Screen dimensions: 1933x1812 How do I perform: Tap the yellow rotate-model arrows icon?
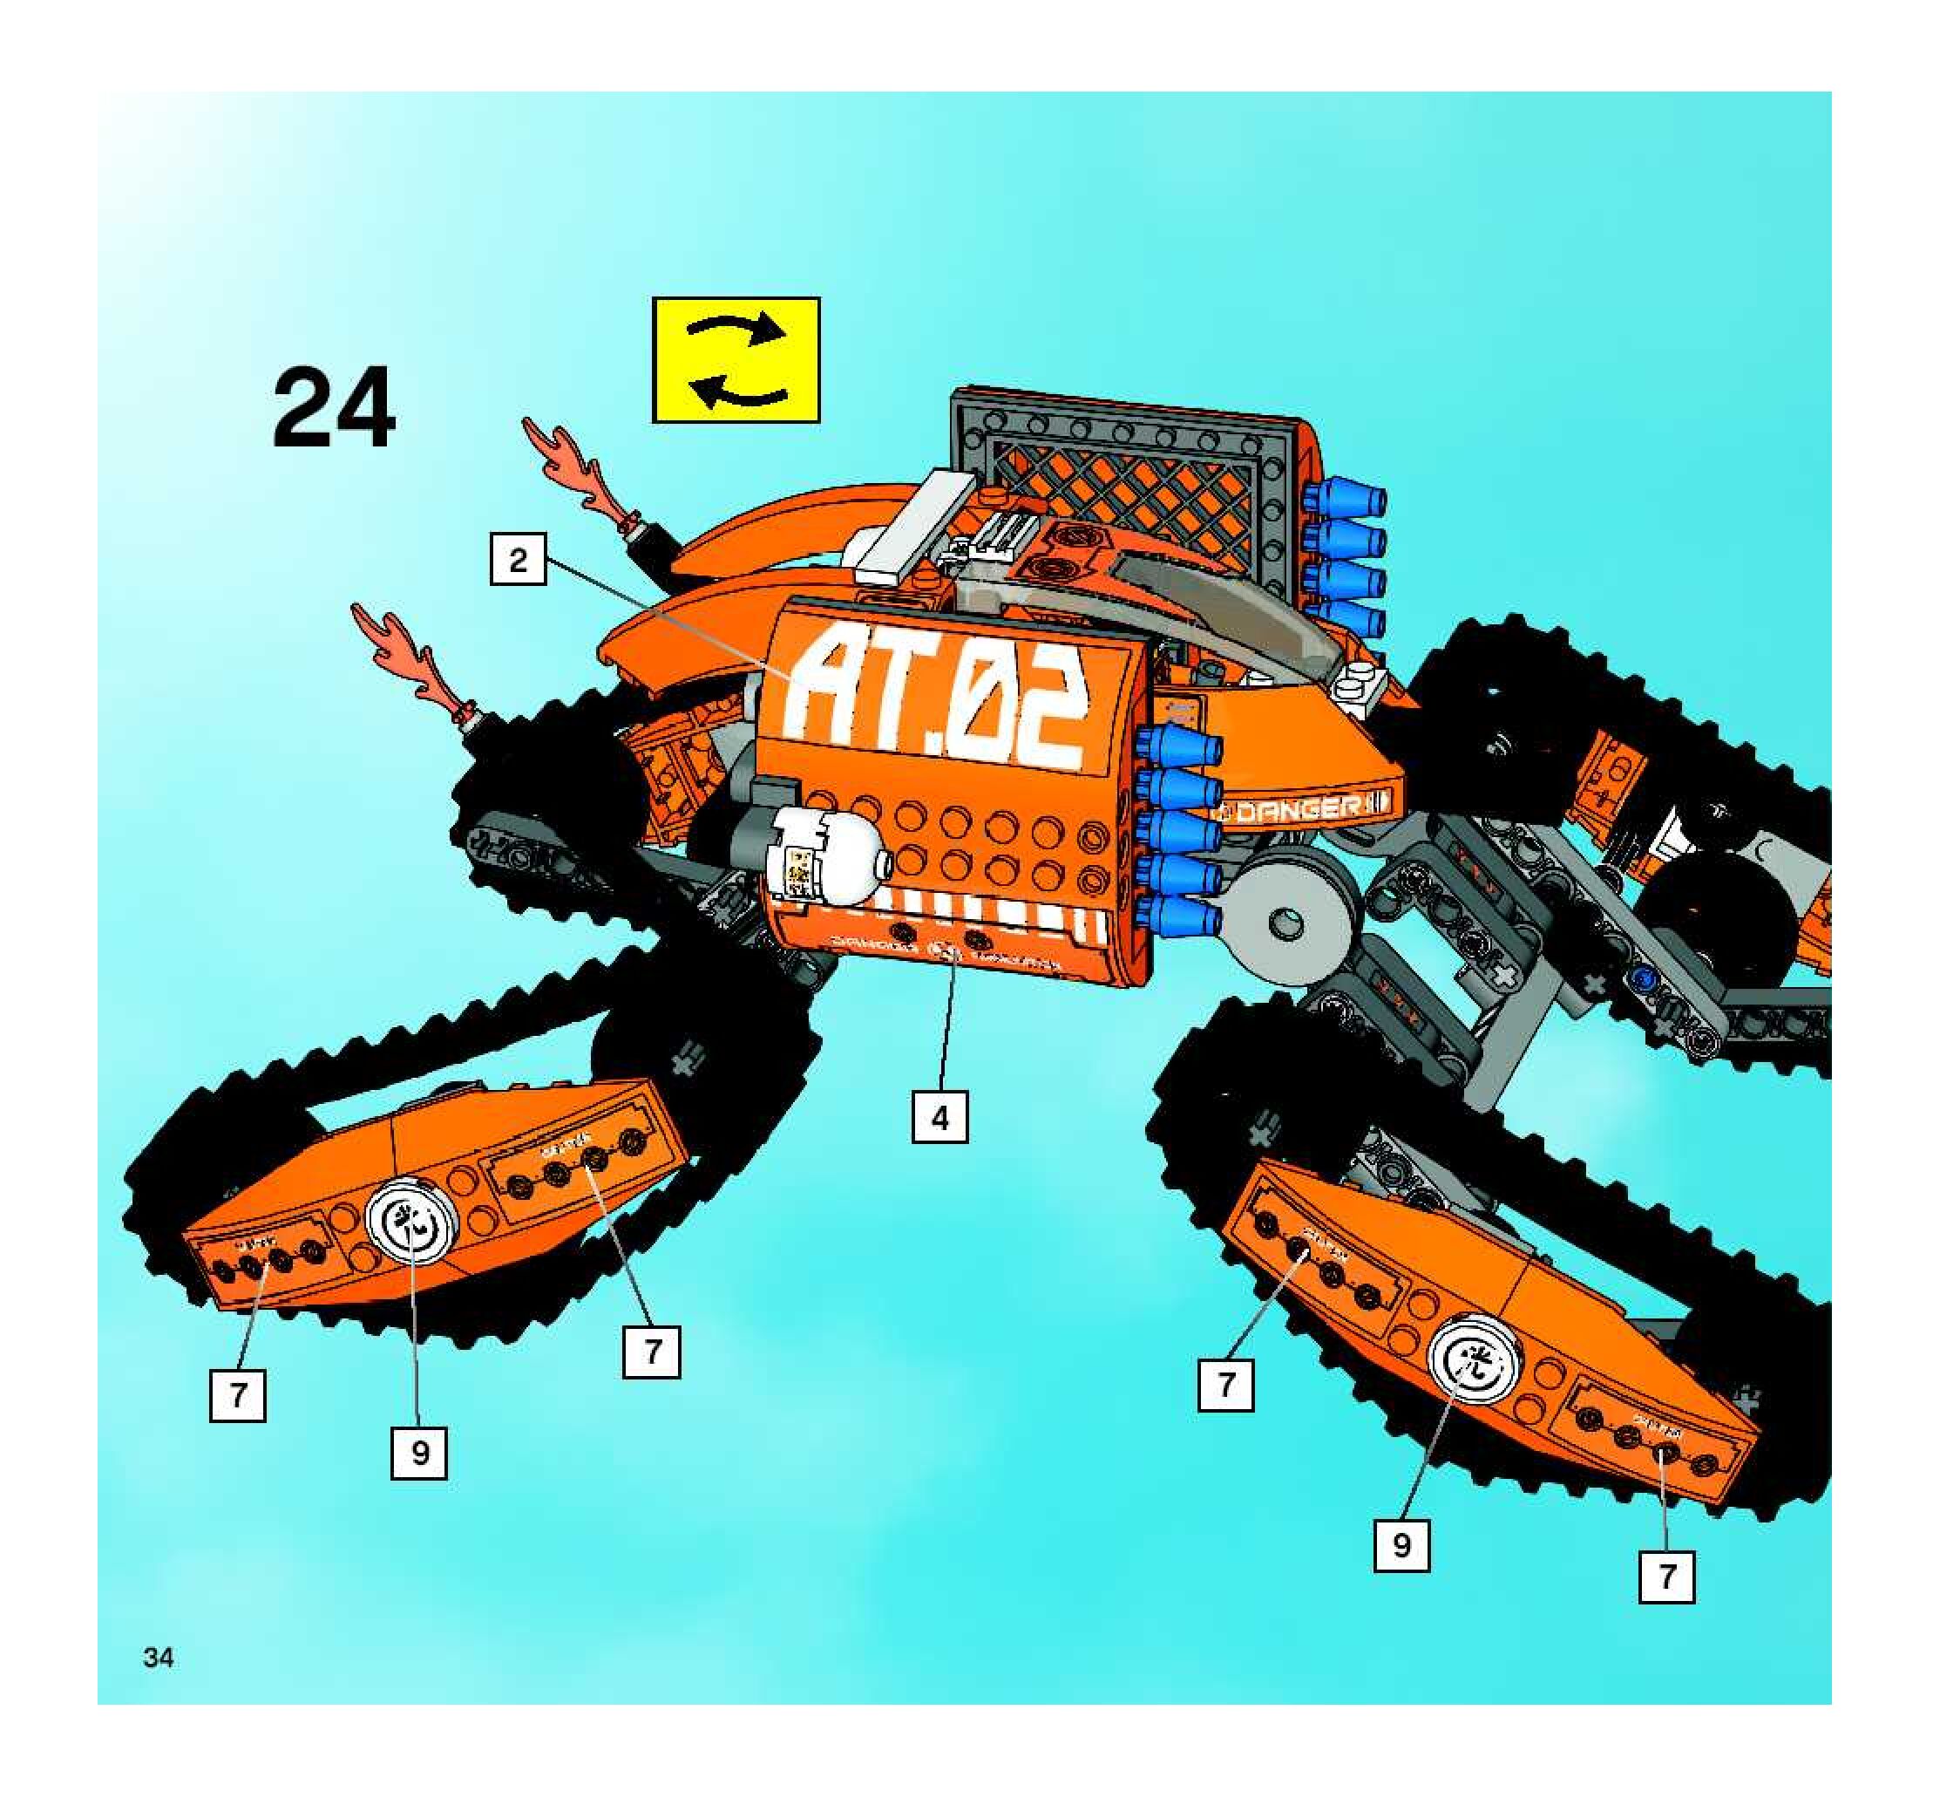point(736,360)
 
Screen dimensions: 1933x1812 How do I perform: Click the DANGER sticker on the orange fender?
point(1303,807)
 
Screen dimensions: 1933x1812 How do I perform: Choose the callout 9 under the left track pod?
point(419,1452)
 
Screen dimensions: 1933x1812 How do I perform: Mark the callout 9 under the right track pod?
point(1401,1544)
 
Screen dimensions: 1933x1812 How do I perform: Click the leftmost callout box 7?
point(237,1394)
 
